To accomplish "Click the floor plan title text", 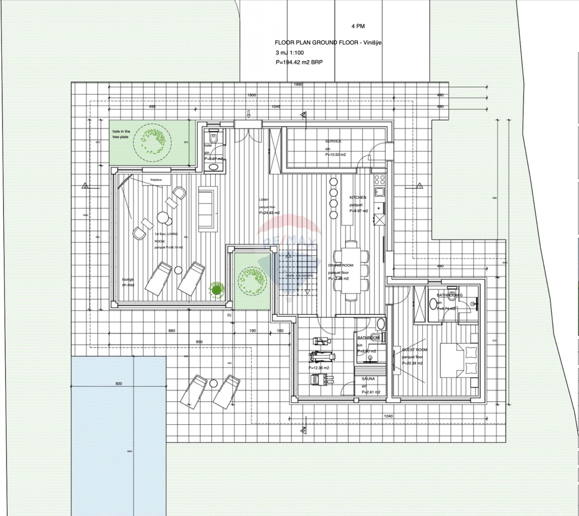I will pos(328,42).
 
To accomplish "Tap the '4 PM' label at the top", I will pos(358,26).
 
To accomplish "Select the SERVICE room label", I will pos(333,141).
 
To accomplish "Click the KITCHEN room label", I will pos(358,197).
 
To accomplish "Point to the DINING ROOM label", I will pos(341,265).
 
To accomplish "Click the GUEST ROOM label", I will pos(414,350).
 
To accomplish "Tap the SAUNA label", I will pos(368,379).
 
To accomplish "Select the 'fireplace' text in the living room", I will pos(156,179).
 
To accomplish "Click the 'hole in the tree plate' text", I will pos(121,134).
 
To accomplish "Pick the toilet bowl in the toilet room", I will pos(214,138).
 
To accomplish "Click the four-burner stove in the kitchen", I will pos(380,180).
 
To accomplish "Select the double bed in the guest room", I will pos(461,357).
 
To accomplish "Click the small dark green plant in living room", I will pos(216,289).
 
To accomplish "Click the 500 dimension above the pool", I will pos(119,384).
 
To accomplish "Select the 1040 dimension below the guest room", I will pos(388,416).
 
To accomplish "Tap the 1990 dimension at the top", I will pos(298,84).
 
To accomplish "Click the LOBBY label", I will pos(263,199).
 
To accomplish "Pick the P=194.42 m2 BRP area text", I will pos(298,63).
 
